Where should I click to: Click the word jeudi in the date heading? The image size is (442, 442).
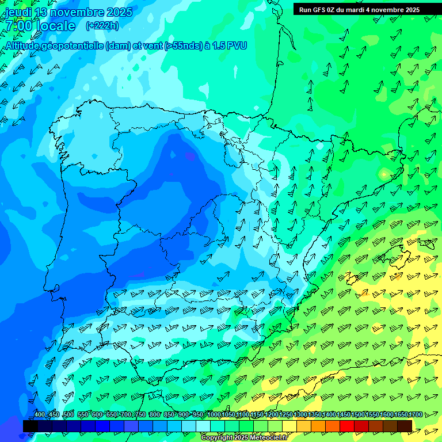18,13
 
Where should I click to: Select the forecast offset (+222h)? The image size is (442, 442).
102,25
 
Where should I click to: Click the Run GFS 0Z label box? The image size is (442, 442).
359,9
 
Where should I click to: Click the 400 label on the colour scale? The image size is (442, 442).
39,415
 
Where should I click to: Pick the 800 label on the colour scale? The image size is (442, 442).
154,415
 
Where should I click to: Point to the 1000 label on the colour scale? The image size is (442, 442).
214,415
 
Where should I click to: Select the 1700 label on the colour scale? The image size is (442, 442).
416,415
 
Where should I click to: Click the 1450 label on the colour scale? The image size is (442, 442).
344,415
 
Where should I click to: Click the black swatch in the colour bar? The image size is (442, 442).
31,426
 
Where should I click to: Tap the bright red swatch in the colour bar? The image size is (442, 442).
347,426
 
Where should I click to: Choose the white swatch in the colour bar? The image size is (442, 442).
203,426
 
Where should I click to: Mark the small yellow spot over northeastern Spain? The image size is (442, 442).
384,173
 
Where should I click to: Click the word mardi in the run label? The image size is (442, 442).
361,10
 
